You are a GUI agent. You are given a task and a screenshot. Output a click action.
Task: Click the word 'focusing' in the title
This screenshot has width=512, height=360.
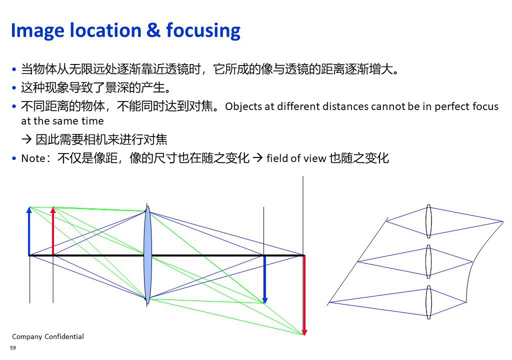tap(203, 31)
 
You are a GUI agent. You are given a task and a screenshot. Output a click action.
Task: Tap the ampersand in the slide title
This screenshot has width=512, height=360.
tap(153, 30)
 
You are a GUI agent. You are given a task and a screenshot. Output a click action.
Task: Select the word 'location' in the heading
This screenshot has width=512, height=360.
tap(106, 30)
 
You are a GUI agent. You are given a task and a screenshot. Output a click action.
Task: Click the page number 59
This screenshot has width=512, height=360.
tap(13, 347)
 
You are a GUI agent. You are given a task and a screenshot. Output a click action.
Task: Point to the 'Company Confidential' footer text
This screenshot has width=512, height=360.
tap(48, 336)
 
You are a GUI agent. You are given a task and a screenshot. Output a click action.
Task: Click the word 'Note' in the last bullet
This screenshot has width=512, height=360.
tap(33, 158)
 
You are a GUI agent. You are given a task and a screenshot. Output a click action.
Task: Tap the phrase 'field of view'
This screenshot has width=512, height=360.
tap(296, 158)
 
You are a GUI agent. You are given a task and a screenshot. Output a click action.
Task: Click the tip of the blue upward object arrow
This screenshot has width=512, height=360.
tap(29, 207)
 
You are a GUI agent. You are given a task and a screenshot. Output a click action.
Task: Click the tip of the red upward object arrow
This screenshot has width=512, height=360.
tap(53, 207)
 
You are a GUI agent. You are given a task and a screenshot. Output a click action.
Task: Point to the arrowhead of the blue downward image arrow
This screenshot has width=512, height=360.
tap(265, 303)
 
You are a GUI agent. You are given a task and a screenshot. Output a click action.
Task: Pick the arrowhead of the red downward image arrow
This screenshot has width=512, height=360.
tap(304, 335)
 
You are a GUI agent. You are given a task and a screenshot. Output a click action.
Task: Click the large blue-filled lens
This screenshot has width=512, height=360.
tap(147, 255)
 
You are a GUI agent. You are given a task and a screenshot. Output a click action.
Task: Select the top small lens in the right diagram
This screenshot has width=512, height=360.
tap(428, 221)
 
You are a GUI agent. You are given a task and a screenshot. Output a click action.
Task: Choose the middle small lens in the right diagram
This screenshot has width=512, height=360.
tap(428, 261)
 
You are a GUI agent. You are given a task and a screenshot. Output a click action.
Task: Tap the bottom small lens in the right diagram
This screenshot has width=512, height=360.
tap(428, 302)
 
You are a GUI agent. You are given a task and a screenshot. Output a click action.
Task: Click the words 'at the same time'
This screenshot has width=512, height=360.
tap(62, 121)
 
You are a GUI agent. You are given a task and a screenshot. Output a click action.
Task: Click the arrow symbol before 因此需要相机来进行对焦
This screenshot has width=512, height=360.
tap(26, 139)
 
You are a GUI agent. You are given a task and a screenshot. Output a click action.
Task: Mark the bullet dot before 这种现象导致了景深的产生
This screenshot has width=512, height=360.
tap(13, 88)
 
